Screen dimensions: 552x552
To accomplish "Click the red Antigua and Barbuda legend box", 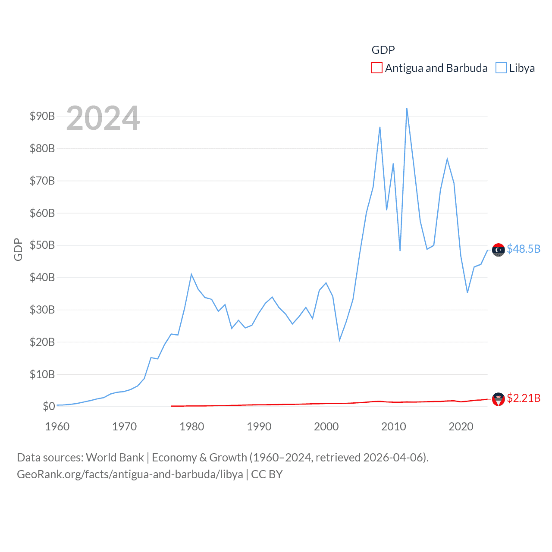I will coord(376,68).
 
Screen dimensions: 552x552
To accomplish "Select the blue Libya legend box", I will coord(501,68).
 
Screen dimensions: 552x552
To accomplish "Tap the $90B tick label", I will coord(42,116).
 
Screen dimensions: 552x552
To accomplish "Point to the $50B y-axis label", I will coord(42,245).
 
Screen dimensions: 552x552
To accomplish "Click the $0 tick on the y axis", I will coord(49,406).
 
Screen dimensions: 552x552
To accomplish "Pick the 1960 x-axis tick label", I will coord(57,427).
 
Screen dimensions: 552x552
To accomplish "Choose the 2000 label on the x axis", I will coord(326,427).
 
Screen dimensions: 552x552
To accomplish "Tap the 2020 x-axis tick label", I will coord(461,427).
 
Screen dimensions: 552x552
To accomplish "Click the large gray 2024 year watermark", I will coord(103,118).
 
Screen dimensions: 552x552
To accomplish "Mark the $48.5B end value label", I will coord(523,249).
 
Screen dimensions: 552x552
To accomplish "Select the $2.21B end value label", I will coord(523,398).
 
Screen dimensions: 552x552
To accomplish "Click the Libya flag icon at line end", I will coord(498,250).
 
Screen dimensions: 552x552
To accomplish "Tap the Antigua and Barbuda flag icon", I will coord(498,399).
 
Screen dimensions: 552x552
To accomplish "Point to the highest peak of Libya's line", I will coord(407,108).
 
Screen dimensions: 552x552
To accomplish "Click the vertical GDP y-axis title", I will coord(18,249).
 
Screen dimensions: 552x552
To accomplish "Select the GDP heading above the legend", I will coord(383,50).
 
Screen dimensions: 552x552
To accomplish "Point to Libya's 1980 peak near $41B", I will coord(191,274).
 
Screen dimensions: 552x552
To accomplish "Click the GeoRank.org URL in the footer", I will coord(130,474).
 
